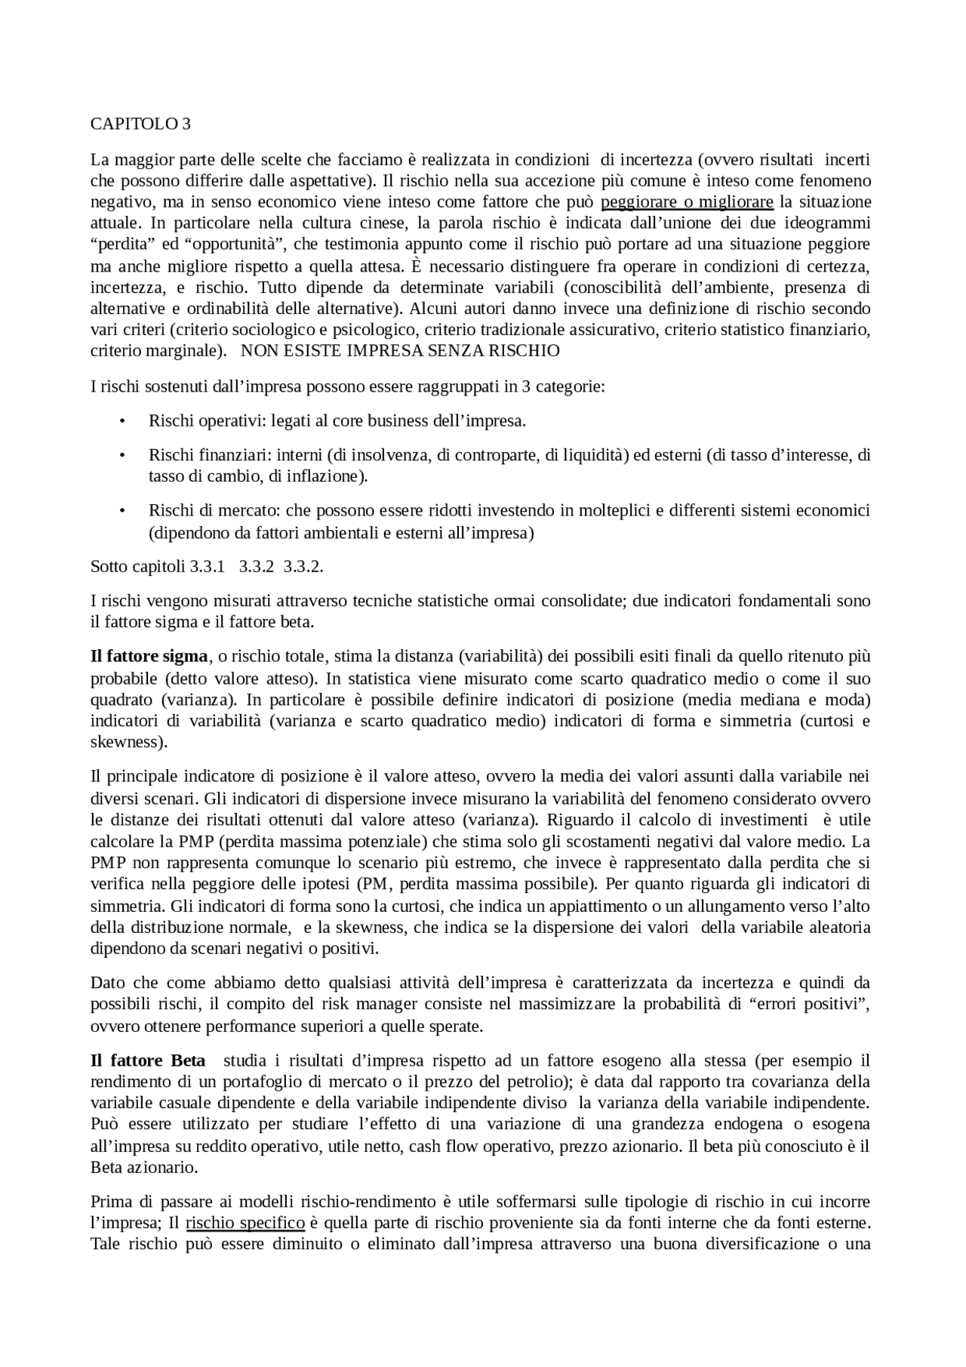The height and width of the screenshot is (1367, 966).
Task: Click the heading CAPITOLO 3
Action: click(x=140, y=124)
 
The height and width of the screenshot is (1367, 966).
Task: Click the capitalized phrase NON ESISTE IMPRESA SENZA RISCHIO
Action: click(x=400, y=351)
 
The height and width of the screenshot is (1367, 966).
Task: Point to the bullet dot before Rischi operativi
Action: click(x=122, y=421)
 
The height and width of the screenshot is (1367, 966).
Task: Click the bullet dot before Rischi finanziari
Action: click(x=122, y=456)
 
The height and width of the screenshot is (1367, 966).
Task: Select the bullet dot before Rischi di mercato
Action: click(x=122, y=512)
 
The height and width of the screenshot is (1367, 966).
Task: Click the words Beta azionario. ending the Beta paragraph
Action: click(x=144, y=1168)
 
